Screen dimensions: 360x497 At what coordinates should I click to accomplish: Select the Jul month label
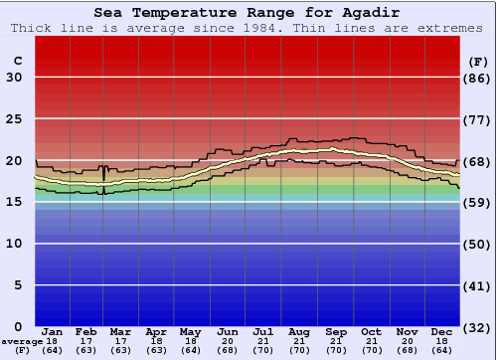263,331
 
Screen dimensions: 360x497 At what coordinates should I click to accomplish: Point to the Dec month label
442,331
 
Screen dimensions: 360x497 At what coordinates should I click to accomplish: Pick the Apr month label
156,331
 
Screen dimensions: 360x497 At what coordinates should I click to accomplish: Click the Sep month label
335,331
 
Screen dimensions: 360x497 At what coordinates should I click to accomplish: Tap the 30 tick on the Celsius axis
14,78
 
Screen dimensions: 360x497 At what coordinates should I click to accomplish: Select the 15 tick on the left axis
14,202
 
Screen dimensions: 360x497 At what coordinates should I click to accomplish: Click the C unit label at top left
17,61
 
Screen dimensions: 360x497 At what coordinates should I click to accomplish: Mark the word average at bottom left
22,341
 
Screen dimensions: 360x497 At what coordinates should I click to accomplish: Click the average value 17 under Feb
87,341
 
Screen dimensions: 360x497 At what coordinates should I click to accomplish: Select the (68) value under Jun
228,350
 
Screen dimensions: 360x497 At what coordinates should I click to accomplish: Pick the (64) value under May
192,350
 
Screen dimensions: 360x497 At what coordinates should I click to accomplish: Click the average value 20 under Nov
407,341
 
